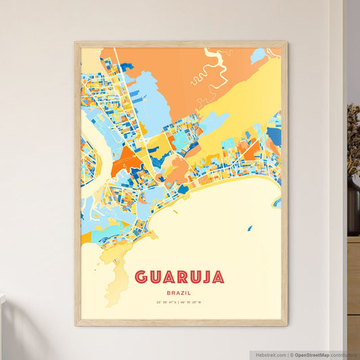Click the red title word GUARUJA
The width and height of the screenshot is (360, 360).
coord(180,277)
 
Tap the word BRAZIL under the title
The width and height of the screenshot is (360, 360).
coord(180,292)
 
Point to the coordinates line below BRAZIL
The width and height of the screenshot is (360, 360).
coord(180,302)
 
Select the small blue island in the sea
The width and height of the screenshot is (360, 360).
coord(249,228)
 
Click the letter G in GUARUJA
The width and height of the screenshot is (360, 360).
coord(140,277)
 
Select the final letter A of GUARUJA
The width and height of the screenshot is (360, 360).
coord(218,277)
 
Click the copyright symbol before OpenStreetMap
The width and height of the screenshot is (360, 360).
coord(292,355)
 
